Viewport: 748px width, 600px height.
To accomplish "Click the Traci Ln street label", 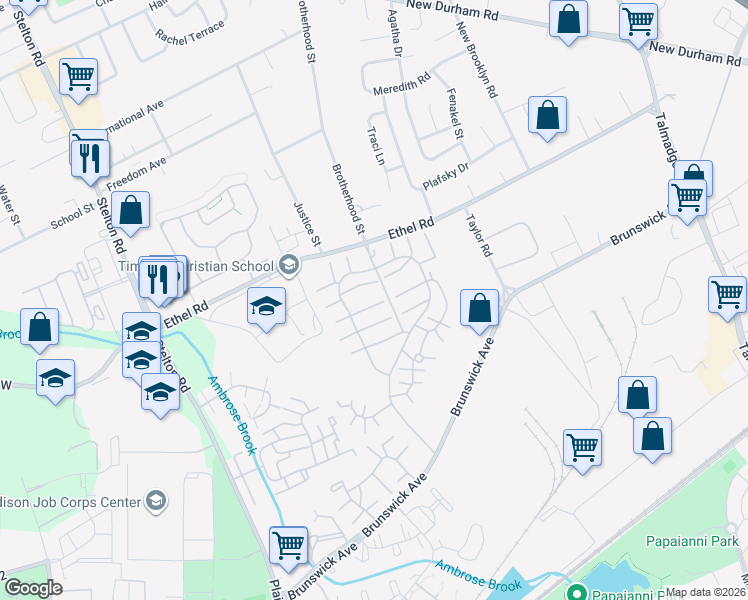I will coord(376,145).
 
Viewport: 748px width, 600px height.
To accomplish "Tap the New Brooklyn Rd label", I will coord(477,63).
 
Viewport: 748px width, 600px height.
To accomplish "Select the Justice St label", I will coord(306,223).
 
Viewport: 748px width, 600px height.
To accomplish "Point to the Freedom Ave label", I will coord(137,170).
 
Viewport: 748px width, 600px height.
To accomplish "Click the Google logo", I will coord(33,588).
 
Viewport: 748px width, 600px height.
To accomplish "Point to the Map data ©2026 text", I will coord(705,592).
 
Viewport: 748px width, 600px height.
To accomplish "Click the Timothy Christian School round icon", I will coord(289,265).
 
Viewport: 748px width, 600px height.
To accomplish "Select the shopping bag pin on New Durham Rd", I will coord(568,19).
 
